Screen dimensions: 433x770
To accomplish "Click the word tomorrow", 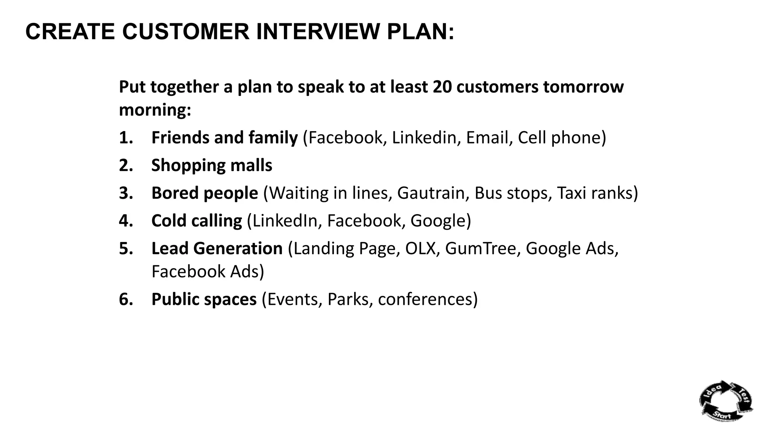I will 583,87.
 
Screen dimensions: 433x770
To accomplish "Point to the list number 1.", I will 126,138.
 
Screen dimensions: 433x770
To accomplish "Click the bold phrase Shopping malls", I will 212,165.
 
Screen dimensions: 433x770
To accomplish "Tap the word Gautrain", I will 431,193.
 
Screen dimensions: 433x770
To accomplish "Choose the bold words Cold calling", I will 197,221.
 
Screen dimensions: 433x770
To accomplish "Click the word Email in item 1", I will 487,138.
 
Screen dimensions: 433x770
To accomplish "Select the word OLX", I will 420,248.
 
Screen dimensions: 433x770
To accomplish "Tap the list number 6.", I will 126,299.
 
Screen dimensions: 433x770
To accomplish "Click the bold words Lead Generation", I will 217,248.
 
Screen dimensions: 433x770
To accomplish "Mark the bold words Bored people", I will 205,193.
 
